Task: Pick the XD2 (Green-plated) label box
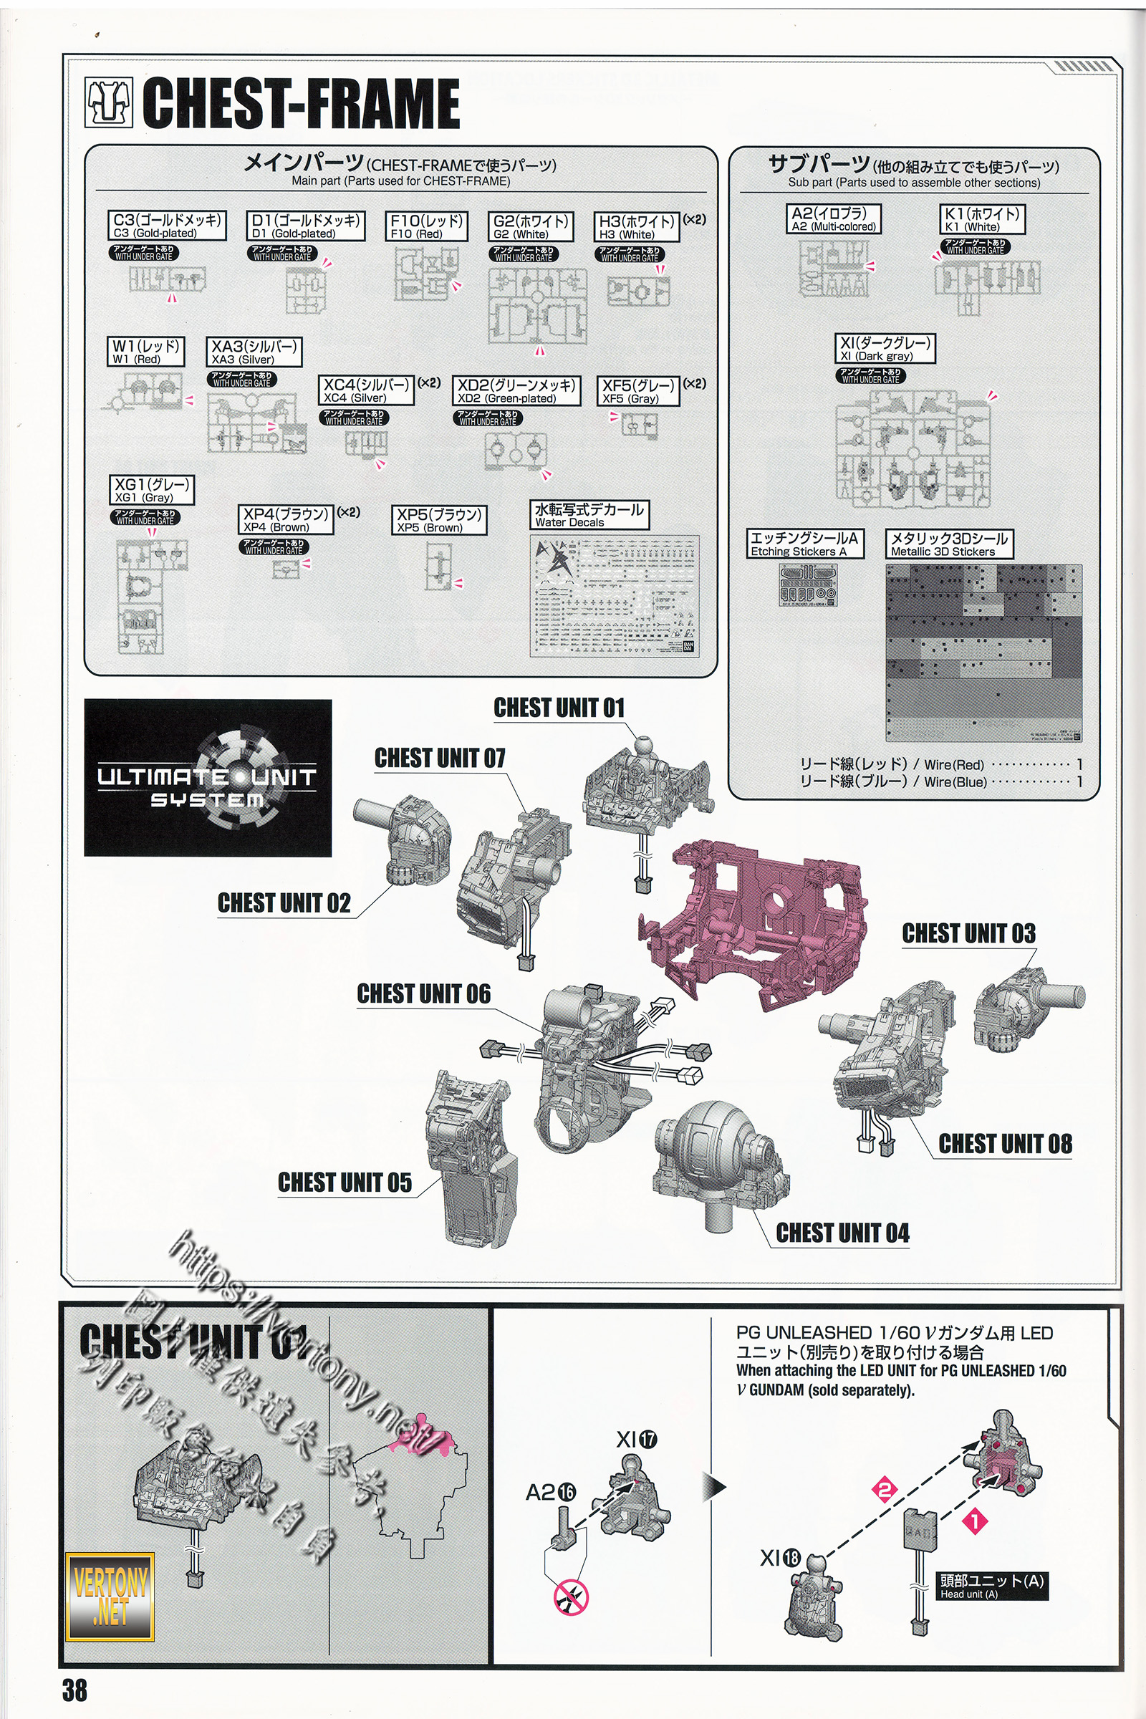tap(516, 391)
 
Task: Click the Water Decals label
tap(588, 515)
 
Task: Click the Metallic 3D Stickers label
tap(948, 544)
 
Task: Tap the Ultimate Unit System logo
tap(208, 778)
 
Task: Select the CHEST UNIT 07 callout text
tap(439, 758)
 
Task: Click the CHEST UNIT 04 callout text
tap(842, 1233)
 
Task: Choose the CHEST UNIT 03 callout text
tap(968, 933)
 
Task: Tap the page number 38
tap(74, 1690)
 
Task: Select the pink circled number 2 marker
tap(884, 1490)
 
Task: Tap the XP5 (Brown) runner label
tap(438, 521)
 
